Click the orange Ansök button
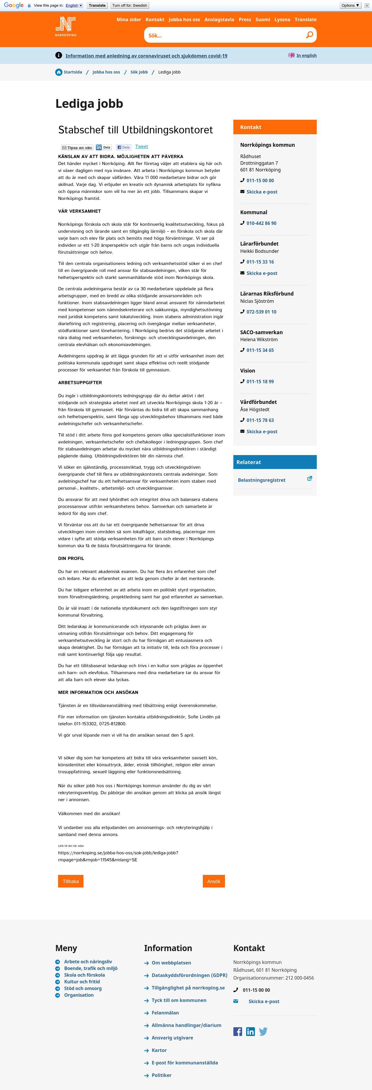(214, 881)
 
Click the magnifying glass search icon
(309, 35)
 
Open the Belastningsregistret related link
(262, 480)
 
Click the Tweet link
(141, 146)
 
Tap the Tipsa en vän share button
(77, 148)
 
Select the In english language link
(306, 56)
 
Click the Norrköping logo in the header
(66, 26)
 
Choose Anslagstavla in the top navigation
(219, 19)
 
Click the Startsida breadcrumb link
(73, 72)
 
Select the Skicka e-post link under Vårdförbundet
(262, 432)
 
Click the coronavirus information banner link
(146, 56)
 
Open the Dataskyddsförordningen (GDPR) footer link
(189, 975)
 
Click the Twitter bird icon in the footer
(263, 1031)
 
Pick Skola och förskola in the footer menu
(84, 975)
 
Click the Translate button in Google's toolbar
(97, 6)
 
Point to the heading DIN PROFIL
(71, 558)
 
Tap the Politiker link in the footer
(161, 1075)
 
